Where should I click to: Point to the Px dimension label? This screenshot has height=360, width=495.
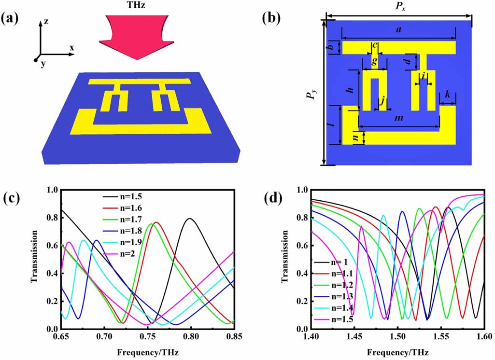[x=399, y=7]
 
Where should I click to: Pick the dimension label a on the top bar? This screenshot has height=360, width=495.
[x=398, y=30]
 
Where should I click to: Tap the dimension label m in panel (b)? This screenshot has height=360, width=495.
[x=399, y=119]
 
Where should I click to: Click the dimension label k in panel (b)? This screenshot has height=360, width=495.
[x=448, y=96]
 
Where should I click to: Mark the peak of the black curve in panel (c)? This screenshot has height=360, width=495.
[x=191, y=219]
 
